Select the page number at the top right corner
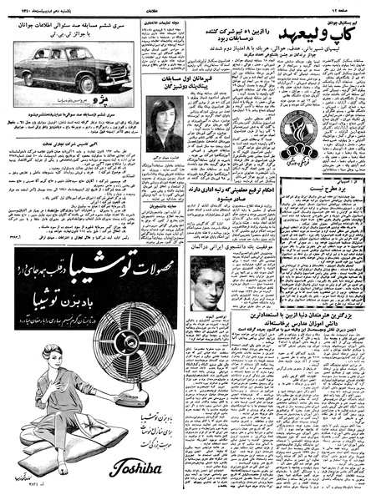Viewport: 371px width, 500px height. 348,7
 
